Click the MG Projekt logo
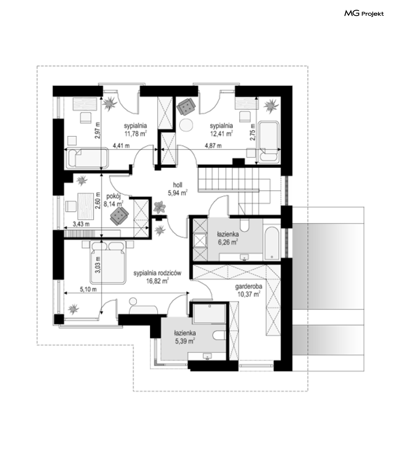[364, 14]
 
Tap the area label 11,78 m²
[136, 134]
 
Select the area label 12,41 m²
[221, 134]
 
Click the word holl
[177, 185]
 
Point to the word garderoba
[249, 286]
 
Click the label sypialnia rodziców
[157, 273]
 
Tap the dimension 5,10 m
[88, 289]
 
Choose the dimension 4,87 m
[213, 145]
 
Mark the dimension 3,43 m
[81, 224]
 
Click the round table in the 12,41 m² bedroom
[186, 125]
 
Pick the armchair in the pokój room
[119, 216]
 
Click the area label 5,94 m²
[178, 193]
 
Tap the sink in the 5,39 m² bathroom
[207, 356]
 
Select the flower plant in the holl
[159, 207]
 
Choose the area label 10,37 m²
[249, 294]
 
